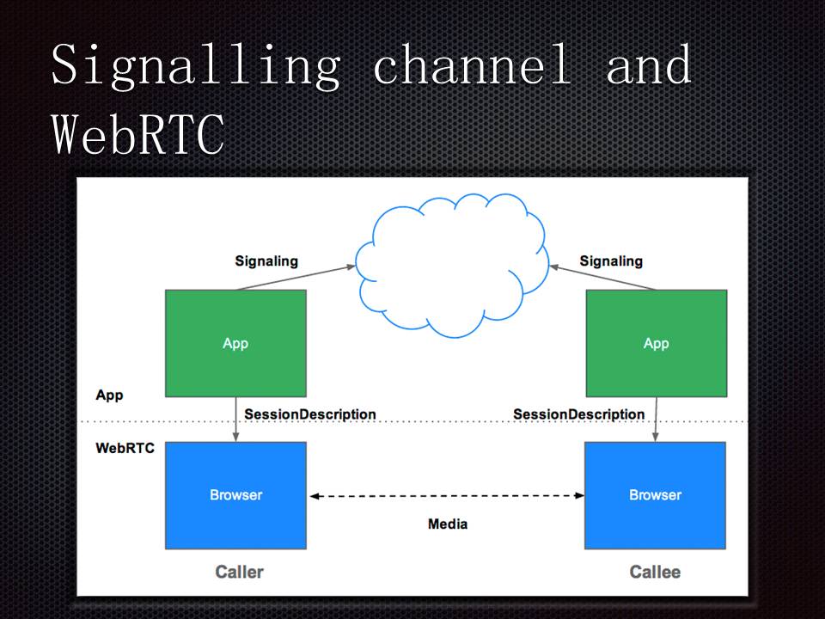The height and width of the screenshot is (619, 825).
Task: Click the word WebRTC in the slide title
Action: (137, 135)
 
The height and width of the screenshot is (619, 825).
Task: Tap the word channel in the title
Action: (472, 65)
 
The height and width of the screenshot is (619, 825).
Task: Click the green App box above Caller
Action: (235, 343)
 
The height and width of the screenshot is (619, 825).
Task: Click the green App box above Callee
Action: (656, 343)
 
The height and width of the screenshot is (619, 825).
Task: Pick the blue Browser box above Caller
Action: (235, 495)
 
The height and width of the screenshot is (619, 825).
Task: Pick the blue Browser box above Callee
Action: (655, 495)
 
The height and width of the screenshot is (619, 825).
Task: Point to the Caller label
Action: (239, 572)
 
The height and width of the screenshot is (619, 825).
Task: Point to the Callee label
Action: (655, 572)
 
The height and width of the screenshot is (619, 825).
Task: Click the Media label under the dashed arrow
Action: (448, 524)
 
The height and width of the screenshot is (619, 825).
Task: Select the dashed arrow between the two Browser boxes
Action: (447, 496)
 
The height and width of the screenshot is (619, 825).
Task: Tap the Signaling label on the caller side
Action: (266, 260)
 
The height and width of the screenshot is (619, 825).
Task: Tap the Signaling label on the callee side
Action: (611, 260)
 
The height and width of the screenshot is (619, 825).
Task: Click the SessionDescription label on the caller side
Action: (310, 414)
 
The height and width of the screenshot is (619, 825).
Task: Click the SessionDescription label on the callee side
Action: (578, 414)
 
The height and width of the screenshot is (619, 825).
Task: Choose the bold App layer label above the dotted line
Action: (109, 395)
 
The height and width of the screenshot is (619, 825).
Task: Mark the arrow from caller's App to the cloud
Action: (296, 278)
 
